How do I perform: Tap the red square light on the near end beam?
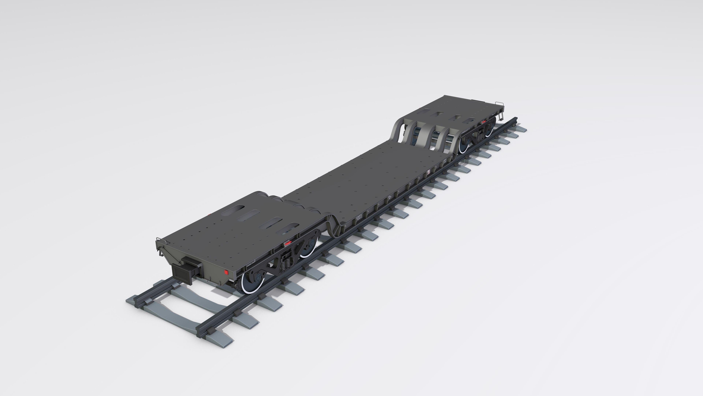(x=226, y=272)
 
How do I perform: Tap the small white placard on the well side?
(x=428, y=172)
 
